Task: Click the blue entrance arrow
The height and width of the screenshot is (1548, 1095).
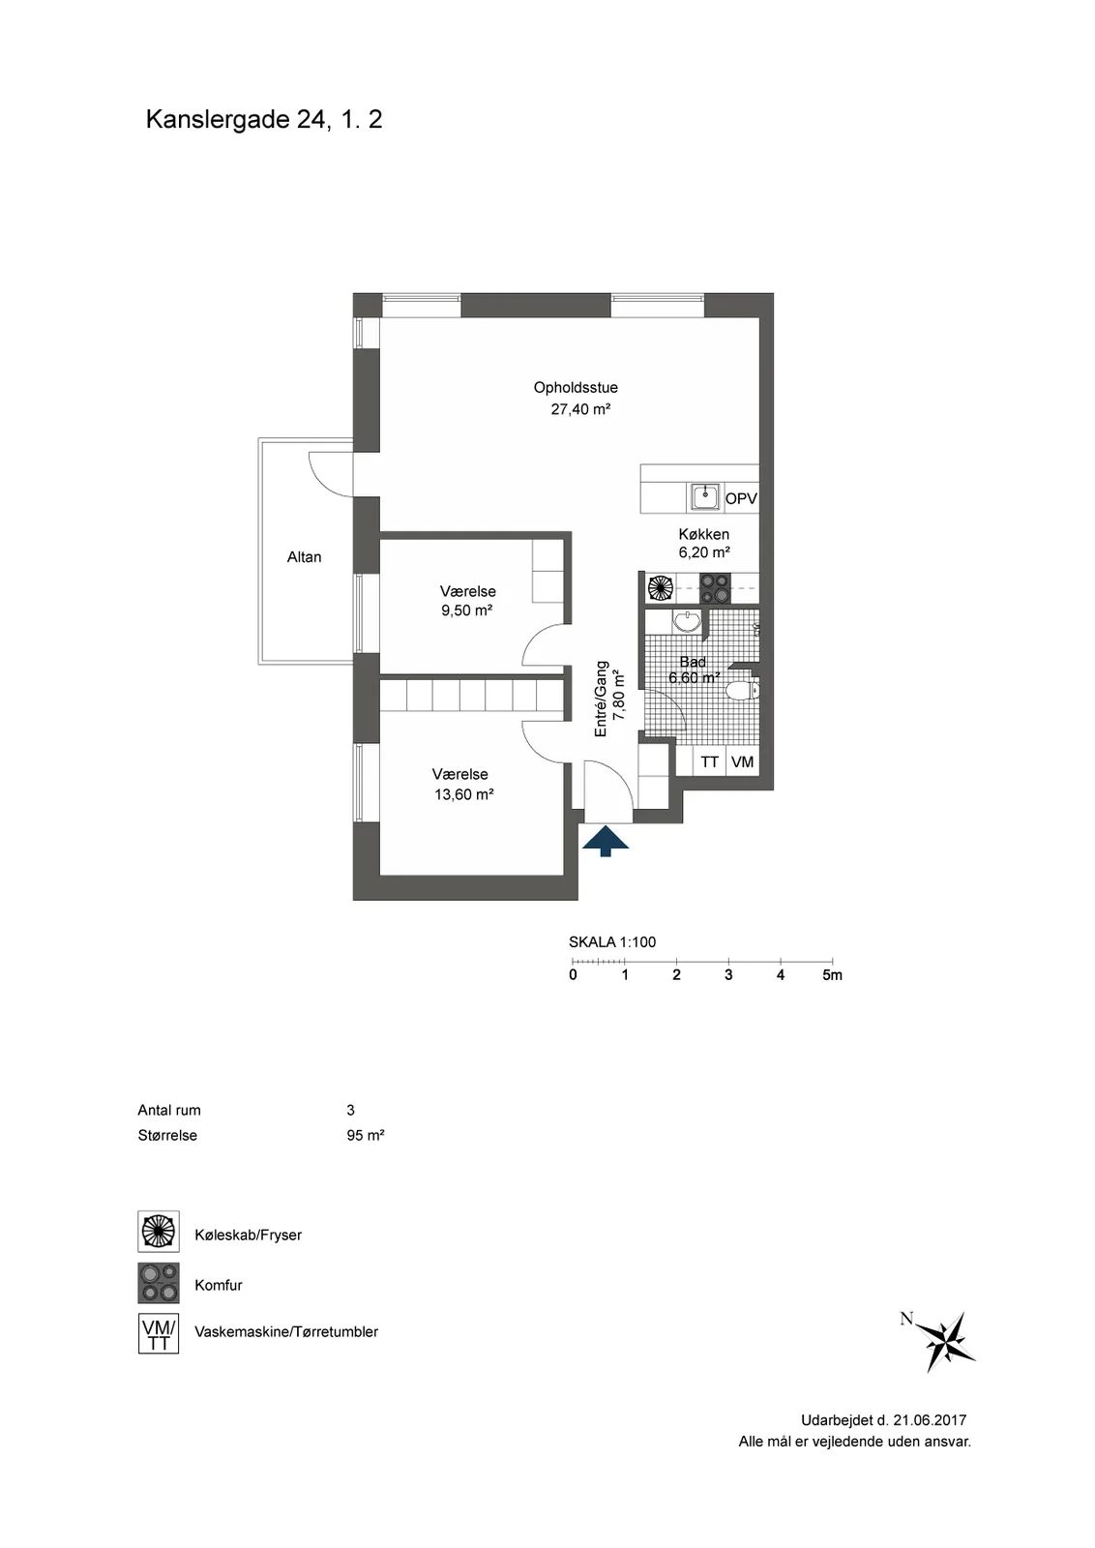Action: click(606, 841)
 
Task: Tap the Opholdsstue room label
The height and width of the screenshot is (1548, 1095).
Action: click(576, 388)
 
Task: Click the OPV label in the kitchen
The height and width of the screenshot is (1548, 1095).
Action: click(741, 498)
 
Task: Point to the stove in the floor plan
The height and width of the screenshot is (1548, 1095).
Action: click(715, 589)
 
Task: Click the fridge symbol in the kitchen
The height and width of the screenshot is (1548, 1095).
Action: click(660, 588)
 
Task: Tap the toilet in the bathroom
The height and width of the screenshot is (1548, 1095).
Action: click(743, 690)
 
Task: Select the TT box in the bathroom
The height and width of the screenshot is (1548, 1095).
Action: click(709, 761)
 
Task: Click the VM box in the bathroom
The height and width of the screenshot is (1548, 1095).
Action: click(743, 761)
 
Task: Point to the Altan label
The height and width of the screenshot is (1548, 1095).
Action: click(304, 557)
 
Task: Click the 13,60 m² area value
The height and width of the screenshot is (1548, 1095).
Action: click(463, 794)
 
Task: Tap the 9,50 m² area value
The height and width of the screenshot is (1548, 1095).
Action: click(466, 610)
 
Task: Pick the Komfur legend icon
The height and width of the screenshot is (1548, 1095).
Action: click(159, 1283)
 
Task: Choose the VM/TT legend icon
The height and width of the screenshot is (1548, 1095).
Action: click(159, 1333)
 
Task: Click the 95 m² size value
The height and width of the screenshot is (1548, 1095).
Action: click(366, 1136)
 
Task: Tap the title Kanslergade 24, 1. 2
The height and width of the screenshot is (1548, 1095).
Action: click(264, 120)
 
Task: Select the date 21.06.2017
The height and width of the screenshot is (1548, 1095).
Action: click(930, 1420)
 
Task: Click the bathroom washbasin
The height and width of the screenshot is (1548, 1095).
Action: click(687, 622)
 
